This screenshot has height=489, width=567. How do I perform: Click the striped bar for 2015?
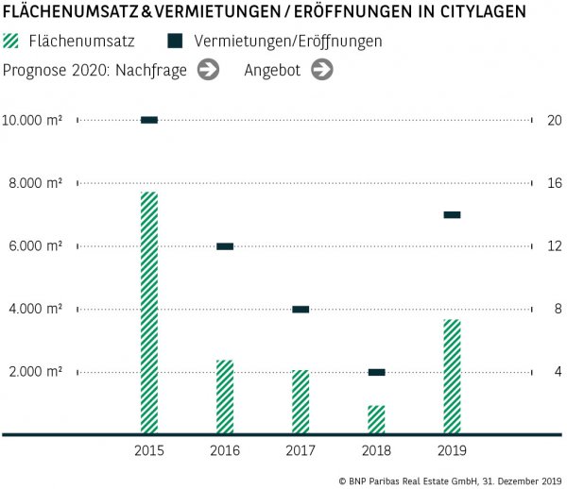point(149,312)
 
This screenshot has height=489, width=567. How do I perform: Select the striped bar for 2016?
point(225,396)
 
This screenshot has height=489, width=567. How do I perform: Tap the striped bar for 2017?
point(301,401)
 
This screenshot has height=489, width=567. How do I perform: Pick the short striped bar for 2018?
point(376,419)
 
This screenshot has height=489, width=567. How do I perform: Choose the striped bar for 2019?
point(452,376)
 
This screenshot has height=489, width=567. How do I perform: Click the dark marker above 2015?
point(149,120)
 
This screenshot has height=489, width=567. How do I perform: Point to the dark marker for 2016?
point(225,246)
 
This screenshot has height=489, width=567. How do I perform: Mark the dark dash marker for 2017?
point(301,309)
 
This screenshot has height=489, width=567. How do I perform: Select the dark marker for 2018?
point(376,372)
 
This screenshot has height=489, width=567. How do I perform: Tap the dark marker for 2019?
point(452,214)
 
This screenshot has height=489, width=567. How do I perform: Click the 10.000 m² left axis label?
point(33,120)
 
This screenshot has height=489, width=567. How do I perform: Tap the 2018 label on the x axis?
point(376,451)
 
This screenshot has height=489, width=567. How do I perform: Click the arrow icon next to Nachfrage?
point(208,69)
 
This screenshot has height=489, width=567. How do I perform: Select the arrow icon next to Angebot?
point(321,69)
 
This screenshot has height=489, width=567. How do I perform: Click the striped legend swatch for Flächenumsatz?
point(11,42)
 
